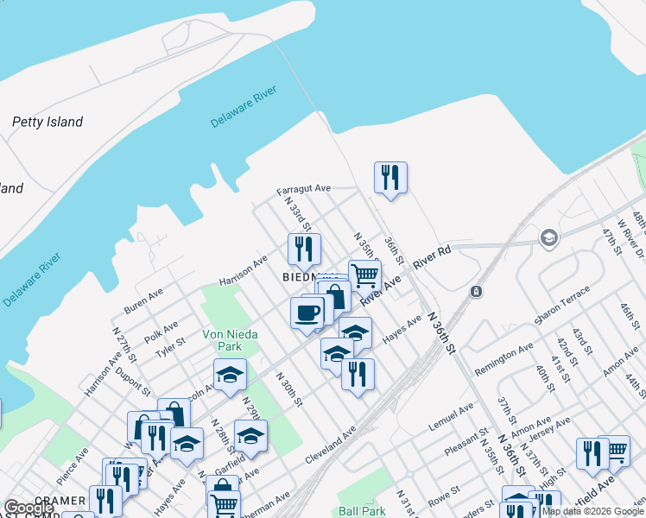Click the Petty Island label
point(47,123)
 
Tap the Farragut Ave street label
point(304,188)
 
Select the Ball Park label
point(362,511)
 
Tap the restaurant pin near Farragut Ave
point(390,177)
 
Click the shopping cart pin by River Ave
point(364,275)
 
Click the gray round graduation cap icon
point(548,237)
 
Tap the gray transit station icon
point(476,293)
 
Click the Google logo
point(29,508)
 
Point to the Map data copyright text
point(592,511)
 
